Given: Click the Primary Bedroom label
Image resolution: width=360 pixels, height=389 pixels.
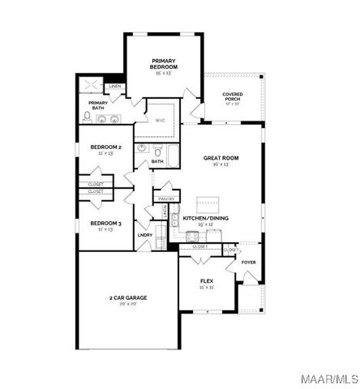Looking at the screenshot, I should [x=164, y=63].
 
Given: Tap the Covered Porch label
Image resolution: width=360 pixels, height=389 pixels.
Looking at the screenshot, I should [x=233, y=96].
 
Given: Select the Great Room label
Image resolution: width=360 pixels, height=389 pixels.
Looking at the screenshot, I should [x=221, y=158].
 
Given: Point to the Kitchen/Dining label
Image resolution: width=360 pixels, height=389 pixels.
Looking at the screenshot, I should [x=205, y=218].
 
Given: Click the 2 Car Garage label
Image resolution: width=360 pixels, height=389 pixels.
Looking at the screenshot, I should [x=128, y=297].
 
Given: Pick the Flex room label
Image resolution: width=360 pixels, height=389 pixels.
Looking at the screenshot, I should [x=206, y=281].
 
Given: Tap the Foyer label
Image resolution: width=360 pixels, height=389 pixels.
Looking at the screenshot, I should [x=248, y=262].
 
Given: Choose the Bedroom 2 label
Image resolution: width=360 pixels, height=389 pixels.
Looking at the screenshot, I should [x=105, y=147].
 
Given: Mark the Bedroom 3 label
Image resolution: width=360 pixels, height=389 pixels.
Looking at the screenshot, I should [x=105, y=223].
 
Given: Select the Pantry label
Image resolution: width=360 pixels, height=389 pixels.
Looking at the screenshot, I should [x=166, y=199].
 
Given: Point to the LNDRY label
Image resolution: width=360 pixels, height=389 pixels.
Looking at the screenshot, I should [x=145, y=235].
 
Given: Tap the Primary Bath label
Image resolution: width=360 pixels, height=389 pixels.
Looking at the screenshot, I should [x=98, y=103].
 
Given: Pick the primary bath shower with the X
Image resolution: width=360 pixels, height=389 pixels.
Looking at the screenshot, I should [x=92, y=86].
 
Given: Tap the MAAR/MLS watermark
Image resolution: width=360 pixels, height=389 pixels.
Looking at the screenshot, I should [x=333, y=380].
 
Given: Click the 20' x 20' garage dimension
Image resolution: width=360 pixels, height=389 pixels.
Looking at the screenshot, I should [x=128, y=304].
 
